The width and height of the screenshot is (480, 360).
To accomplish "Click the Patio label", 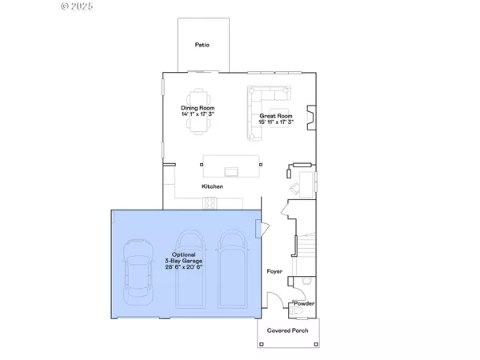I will [x=202, y=45].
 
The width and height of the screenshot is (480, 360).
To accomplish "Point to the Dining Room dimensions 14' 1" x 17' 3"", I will [x=197, y=114].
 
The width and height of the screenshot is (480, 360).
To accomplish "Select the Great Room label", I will [x=274, y=117].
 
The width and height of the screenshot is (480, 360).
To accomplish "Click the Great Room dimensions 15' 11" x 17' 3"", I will [x=274, y=123].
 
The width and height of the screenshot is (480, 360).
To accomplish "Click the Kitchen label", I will [x=212, y=186].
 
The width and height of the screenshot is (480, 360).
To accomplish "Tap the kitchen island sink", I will [x=233, y=170].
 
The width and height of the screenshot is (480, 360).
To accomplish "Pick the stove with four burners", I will [x=210, y=203].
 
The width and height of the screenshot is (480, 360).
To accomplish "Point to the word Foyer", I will [x=275, y=272].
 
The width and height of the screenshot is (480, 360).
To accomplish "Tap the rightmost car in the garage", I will [x=232, y=268].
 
